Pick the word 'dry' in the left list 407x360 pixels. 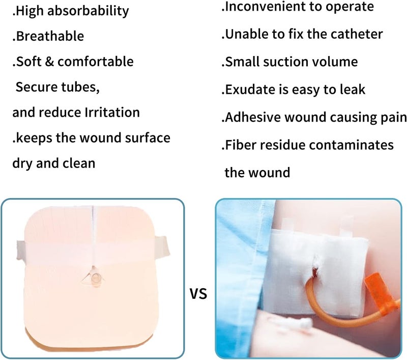(x=24, y=163)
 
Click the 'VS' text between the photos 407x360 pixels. (x=198, y=294)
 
